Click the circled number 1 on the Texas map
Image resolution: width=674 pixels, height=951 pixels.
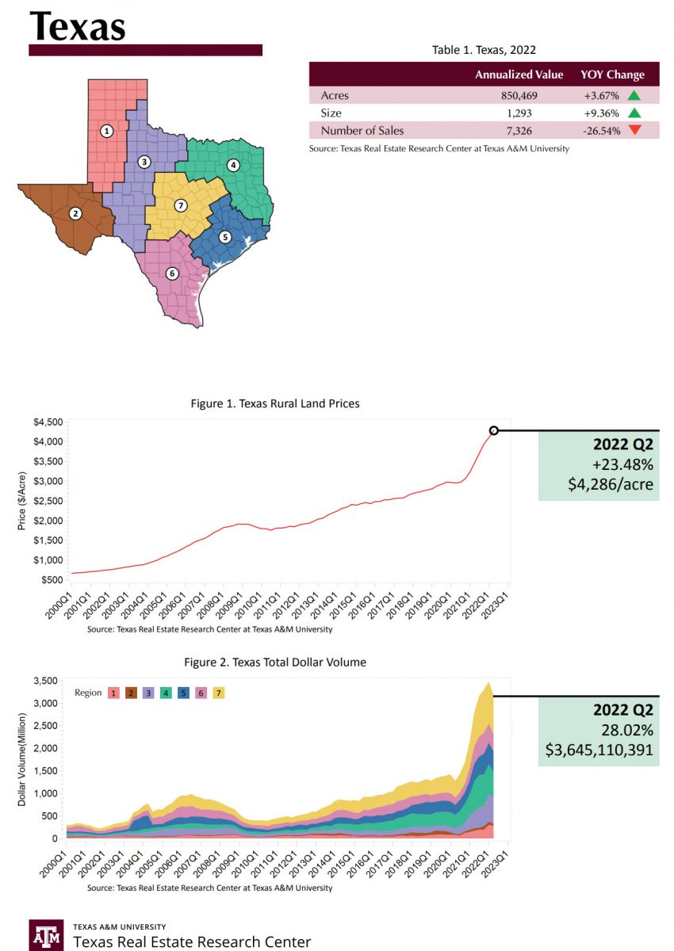[107, 130]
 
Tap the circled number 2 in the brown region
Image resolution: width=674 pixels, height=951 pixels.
[75, 213]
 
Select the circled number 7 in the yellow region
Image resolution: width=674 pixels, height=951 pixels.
[181, 206]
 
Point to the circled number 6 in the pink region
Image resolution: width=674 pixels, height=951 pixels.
[171, 273]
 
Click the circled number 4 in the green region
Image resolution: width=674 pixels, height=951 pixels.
[233, 165]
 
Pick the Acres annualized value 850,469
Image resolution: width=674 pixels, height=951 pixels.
[539, 96]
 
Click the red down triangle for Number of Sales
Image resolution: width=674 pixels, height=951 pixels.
[634, 131]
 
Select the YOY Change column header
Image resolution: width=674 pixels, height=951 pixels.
[613, 74]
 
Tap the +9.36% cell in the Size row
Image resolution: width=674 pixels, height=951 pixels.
[602, 113]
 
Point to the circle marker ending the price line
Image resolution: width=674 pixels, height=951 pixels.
[494, 430]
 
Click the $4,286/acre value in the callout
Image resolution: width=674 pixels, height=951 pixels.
[611, 484]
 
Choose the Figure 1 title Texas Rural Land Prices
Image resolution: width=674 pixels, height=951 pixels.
[275, 403]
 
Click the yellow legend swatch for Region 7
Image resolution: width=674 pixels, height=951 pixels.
[220, 693]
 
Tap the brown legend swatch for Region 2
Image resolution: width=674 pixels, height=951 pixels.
[131, 693]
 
